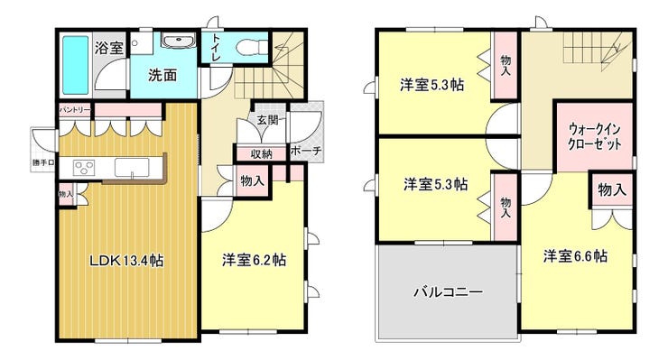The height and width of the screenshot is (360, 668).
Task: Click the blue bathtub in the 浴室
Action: coord(76,65)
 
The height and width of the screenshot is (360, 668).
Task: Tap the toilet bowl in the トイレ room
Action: coord(252,47)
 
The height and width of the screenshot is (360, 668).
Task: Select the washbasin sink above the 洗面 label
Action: coord(178,41)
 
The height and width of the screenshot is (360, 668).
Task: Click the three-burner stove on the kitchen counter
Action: coord(84,167)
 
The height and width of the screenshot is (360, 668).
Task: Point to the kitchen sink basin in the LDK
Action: coord(132,167)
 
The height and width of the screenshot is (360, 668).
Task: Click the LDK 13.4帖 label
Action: coord(126,260)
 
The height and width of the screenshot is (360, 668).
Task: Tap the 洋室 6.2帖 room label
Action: coord(254,260)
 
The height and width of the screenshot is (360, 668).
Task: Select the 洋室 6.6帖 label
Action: coord(575,256)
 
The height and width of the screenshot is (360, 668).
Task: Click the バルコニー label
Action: coord(448,292)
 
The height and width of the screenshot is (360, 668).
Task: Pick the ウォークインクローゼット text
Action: coord(594,137)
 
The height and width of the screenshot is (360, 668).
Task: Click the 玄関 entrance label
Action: coord(267,120)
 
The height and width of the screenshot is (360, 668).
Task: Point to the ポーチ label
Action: coord(305,151)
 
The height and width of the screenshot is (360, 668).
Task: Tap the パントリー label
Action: coord(75,110)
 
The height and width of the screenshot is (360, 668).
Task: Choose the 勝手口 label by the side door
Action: coord(43,162)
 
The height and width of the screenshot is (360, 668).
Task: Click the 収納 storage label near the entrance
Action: coord(261,153)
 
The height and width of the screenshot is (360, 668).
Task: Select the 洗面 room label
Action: coord(162,76)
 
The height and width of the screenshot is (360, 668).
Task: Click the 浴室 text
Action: coord(109,48)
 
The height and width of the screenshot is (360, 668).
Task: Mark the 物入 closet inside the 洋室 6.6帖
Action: coord(612,189)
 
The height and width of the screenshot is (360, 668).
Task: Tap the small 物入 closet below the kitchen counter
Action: coord(66,194)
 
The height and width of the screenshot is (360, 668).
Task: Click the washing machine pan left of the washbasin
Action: coord(142,43)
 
